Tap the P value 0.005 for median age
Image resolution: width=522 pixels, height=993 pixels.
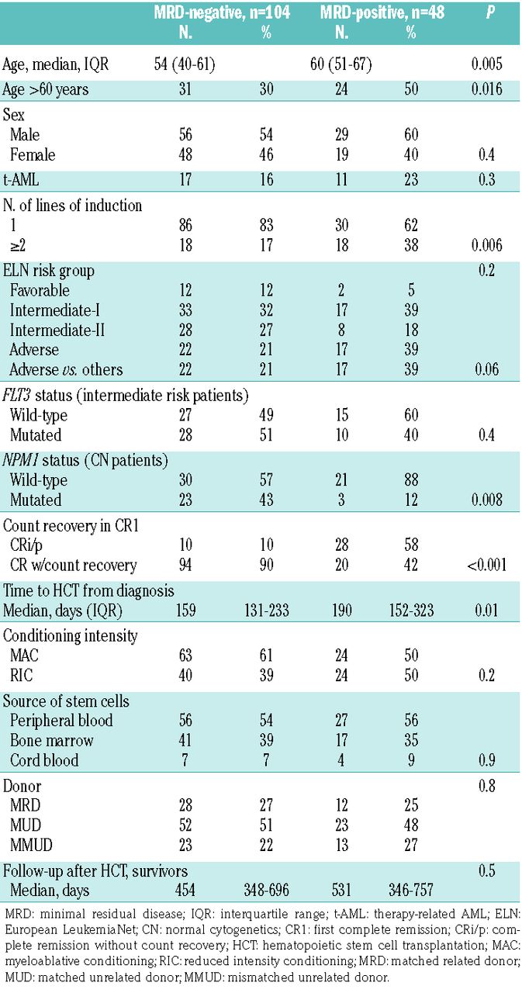[490, 65]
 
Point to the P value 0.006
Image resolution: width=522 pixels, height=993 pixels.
[490, 246]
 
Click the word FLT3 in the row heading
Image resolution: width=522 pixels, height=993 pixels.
[20, 396]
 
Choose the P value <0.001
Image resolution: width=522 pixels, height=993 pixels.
[487, 565]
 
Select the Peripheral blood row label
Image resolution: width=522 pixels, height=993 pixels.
[61, 721]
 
